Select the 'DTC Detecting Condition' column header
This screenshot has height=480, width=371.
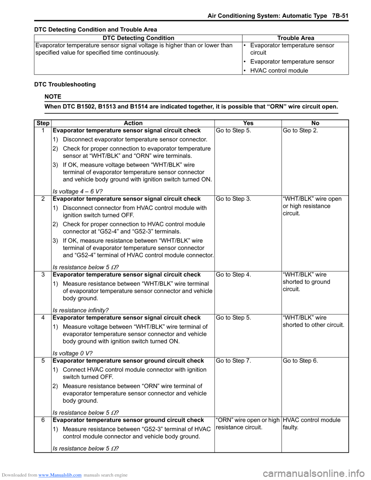point(138,38)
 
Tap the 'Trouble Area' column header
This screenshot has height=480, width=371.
point(296,38)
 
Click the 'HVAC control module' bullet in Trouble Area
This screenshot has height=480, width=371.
point(279,70)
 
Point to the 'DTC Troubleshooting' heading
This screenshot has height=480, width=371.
point(65,84)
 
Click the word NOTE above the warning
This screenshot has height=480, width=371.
point(53,97)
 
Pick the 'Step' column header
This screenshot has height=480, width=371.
point(43,123)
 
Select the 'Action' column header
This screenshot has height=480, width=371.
point(133,123)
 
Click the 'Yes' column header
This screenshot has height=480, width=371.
point(248,123)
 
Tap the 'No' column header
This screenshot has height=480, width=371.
point(315,123)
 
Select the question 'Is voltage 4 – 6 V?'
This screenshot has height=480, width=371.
point(78,191)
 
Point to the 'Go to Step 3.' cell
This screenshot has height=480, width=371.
point(233,199)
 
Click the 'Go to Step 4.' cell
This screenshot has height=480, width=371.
point(233,275)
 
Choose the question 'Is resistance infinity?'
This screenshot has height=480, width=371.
point(80,310)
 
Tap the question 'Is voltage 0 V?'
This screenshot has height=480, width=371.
point(73,353)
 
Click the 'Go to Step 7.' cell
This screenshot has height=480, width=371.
point(233,361)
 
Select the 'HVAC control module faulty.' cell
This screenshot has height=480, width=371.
point(311,424)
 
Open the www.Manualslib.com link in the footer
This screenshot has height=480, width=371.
point(60,475)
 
